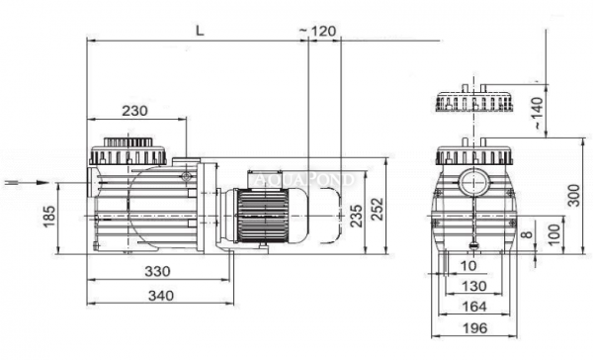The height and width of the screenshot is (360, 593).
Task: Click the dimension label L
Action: click(x=200, y=31)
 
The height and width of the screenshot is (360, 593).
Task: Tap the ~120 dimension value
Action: click(x=317, y=31)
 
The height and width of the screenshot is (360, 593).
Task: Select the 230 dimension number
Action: click(x=135, y=111)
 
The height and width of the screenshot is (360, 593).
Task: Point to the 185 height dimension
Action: click(x=49, y=217)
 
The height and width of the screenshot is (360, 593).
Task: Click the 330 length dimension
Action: click(x=158, y=271)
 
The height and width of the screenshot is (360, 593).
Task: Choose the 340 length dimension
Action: click(x=161, y=296)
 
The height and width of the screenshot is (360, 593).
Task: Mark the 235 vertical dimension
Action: click(x=357, y=216)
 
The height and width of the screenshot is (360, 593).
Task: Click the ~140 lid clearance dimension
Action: click(x=538, y=114)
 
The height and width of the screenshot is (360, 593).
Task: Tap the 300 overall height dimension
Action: click(x=574, y=196)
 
